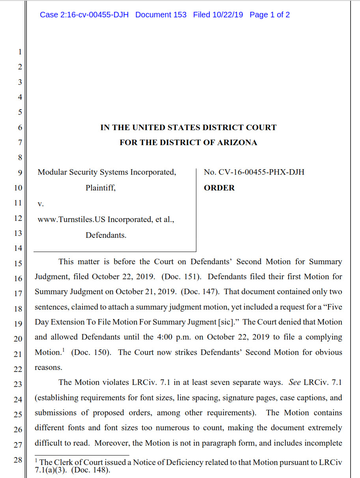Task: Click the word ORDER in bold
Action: point(219,188)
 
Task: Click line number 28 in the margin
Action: point(18,459)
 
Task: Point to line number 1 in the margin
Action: point(20,52)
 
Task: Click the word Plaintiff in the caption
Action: point(101,188)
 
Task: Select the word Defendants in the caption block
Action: point(106,235)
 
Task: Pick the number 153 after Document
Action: point(180,15)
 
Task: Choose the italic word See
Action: point(295,382)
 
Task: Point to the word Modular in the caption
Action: point(52,172)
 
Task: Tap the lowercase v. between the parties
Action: point(40,204)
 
